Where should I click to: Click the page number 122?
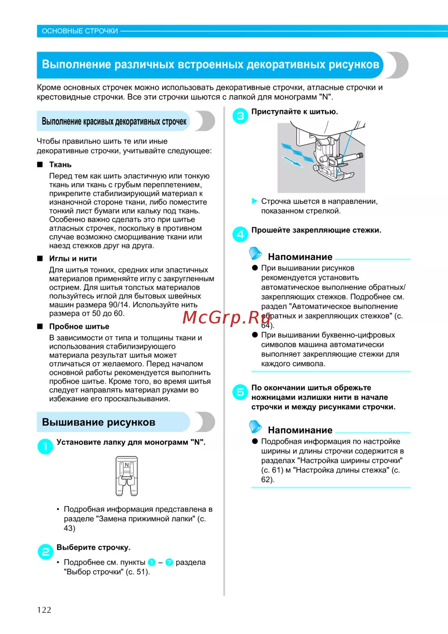click(x=44, y=609)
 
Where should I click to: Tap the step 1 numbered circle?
click(x=45, y=446)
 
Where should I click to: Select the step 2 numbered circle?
click(x=45, y=551)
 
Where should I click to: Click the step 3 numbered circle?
click(x=240, y=116)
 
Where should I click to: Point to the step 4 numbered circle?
click(x=240, y=234)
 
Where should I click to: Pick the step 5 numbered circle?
click(x=240, y=392)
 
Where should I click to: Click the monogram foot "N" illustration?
click(x=127, y=476)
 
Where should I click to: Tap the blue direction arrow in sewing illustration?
click(x=292, y=162)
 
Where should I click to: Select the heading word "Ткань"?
click(x=60, y=165)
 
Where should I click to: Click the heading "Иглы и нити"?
click(x=73, y=258)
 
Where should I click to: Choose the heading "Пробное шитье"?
click(x=79, y=327)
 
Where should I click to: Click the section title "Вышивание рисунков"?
click(x=99, y=422)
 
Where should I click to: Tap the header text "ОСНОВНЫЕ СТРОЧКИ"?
click(x=80, y=31)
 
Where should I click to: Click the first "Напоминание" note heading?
click(x=300, y=257)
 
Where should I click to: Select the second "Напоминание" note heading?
click(x=300, y=430)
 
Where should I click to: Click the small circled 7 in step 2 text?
click(x=169, y=562)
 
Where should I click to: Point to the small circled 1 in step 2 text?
click(x=151, y=562)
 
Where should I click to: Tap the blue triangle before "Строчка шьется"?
click(x=255, y=201)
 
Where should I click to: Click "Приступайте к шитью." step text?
click(x=294, y=112)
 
